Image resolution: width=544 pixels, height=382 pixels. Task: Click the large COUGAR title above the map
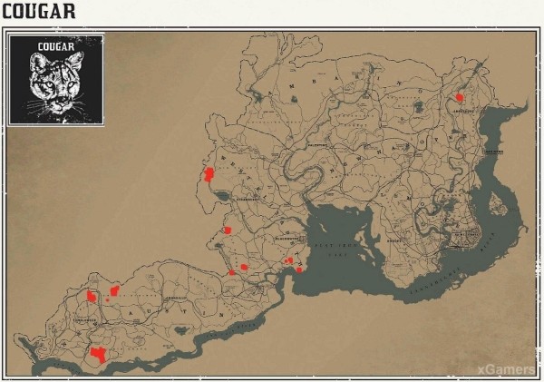click(x=38, y=12)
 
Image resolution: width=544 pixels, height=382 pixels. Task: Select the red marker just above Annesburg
click(x=460, y=97)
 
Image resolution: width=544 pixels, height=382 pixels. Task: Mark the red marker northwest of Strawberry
click(x=209, y=174)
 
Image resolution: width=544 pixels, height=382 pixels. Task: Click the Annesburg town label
click(x=461, y=113)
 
